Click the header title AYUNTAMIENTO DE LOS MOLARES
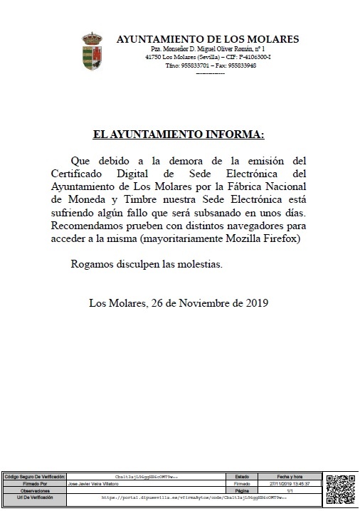pyautogui.click(x=207, y=39)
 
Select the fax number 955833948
pyautogui.click(x=240, y=65)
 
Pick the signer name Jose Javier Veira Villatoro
pyautogui.click(x=93, y=483)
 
